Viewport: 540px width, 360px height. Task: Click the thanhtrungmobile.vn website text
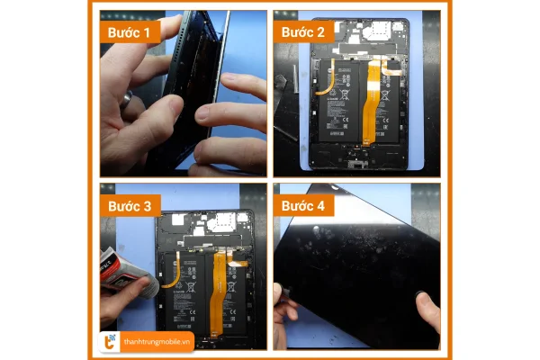coord(158,340)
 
